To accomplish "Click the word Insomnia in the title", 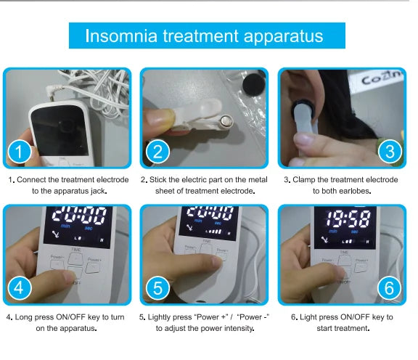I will click(x=121, y=36).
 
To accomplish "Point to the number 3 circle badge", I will click(x=390, y=152).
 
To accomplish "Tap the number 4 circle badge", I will click(x=20, y=288).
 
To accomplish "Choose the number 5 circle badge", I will click(x=157, y=288).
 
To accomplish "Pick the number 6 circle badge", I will click(x=390, y=288).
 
